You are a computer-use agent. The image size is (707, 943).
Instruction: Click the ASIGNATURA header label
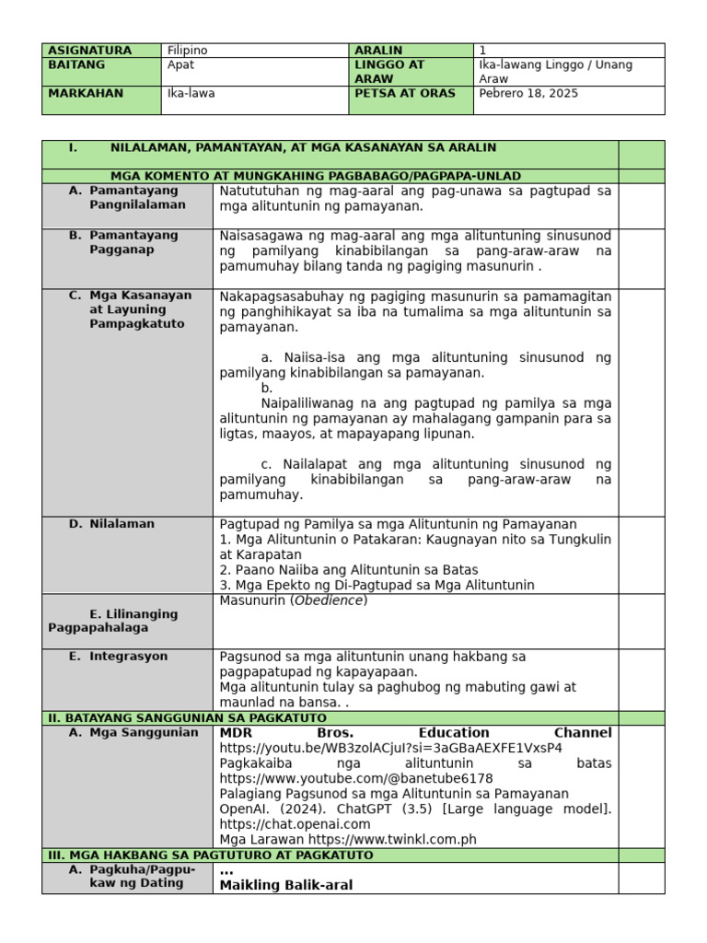[x=89, y=51]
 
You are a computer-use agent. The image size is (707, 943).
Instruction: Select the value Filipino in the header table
[x=187, y=51]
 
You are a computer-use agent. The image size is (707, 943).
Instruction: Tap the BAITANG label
[x=76, y=65]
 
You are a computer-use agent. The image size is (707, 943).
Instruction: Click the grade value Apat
[x=181, y=65]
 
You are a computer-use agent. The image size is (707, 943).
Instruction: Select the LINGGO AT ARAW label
[x=388, y=72]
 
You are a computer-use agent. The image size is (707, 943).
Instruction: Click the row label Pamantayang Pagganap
[x=133, y=242]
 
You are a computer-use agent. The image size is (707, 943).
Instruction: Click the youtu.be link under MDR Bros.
[x=390, y=749]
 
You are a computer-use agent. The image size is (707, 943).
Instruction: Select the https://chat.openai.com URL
[x=295, y=824]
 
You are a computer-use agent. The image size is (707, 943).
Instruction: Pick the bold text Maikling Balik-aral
[x=285, y=885]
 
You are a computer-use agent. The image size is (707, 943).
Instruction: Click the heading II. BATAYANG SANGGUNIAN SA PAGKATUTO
[x=187, y=718]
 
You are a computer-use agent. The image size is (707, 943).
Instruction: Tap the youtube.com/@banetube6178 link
[x=356, y=779]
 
